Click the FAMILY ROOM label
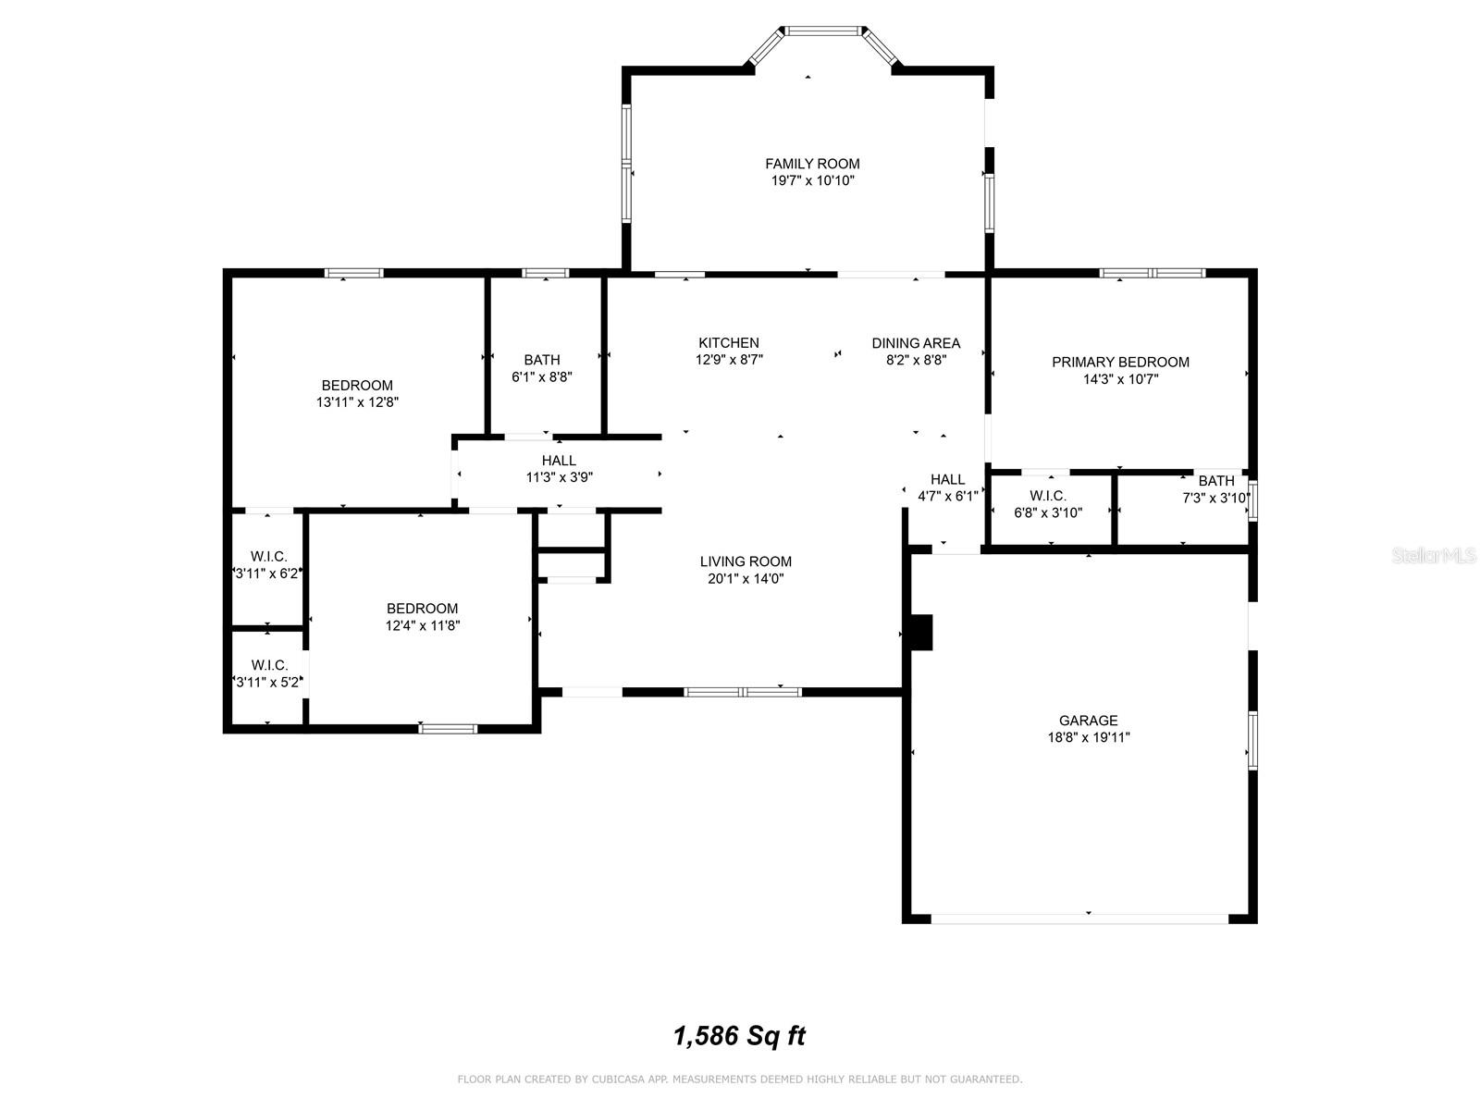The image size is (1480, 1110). (x=812, y=164)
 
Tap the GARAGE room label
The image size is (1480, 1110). (x=1088, y=721)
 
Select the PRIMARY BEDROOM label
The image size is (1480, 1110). (x=1120, y=362)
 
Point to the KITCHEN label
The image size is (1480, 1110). (x=728, y=343)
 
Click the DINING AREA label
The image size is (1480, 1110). (x=916, y=343)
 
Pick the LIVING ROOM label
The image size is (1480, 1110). (x=745, y=561)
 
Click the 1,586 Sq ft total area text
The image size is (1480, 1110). (x=739, y=1037)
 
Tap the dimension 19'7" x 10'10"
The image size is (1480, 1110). (x=812, y=180)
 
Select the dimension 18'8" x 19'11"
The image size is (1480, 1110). (x=1088, y=737)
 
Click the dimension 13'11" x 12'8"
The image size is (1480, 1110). (x=357, y=402)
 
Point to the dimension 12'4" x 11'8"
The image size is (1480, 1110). (x=422, y=625)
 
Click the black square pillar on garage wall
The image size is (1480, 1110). (x=920, y=632)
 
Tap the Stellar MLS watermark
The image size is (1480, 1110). (x=1434, y=555)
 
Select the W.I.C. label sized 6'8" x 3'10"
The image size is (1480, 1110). (x=1047, y=496)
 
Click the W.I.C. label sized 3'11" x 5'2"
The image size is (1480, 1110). (x=269, y=665)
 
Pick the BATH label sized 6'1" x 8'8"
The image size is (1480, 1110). (x=541, y=360)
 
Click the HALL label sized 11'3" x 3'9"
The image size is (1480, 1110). (x=559, y=461)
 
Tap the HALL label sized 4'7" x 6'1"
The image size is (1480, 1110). (x=947, y=479)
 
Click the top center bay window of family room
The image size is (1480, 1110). (x=823, y=31)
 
